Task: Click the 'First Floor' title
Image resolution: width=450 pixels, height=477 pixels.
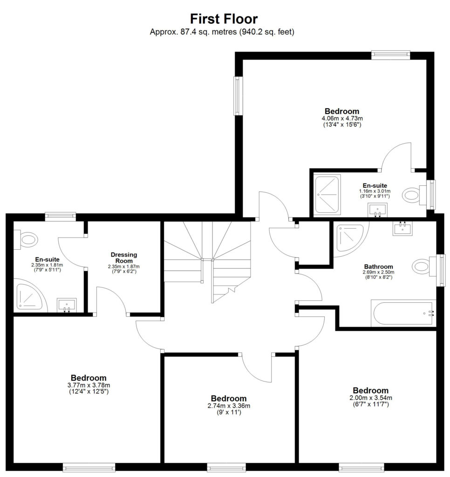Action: pos(224,19)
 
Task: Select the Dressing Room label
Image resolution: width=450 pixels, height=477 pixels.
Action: pos(124,258)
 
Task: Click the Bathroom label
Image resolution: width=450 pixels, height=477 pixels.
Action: pos(378,266)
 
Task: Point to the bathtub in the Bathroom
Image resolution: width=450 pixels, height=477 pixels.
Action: pos(403,313)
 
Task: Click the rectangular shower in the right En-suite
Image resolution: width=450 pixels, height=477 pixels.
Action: pos(327,195)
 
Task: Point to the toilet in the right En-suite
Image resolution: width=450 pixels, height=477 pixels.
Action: pos(415,195)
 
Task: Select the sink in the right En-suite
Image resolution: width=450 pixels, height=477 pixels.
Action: pos(378,211)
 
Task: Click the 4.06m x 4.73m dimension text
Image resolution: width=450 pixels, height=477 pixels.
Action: pos(342,118)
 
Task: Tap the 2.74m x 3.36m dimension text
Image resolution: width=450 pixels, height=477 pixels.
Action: pos(229,406)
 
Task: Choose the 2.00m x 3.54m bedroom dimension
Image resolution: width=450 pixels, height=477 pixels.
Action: pos(371,398)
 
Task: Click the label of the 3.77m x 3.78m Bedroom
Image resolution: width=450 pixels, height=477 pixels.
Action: pos(89,378)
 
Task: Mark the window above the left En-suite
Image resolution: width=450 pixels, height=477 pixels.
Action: pos(60,216)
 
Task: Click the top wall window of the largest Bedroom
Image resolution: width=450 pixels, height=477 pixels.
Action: pos(391,55)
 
